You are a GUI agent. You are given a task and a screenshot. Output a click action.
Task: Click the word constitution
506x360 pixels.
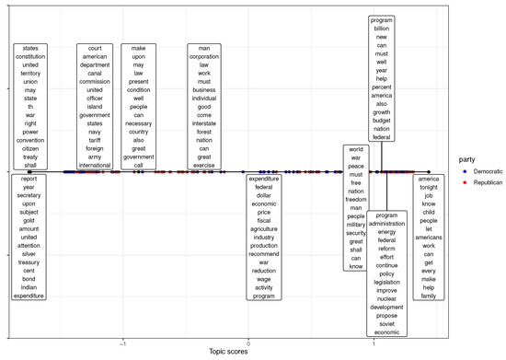[30, 57]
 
